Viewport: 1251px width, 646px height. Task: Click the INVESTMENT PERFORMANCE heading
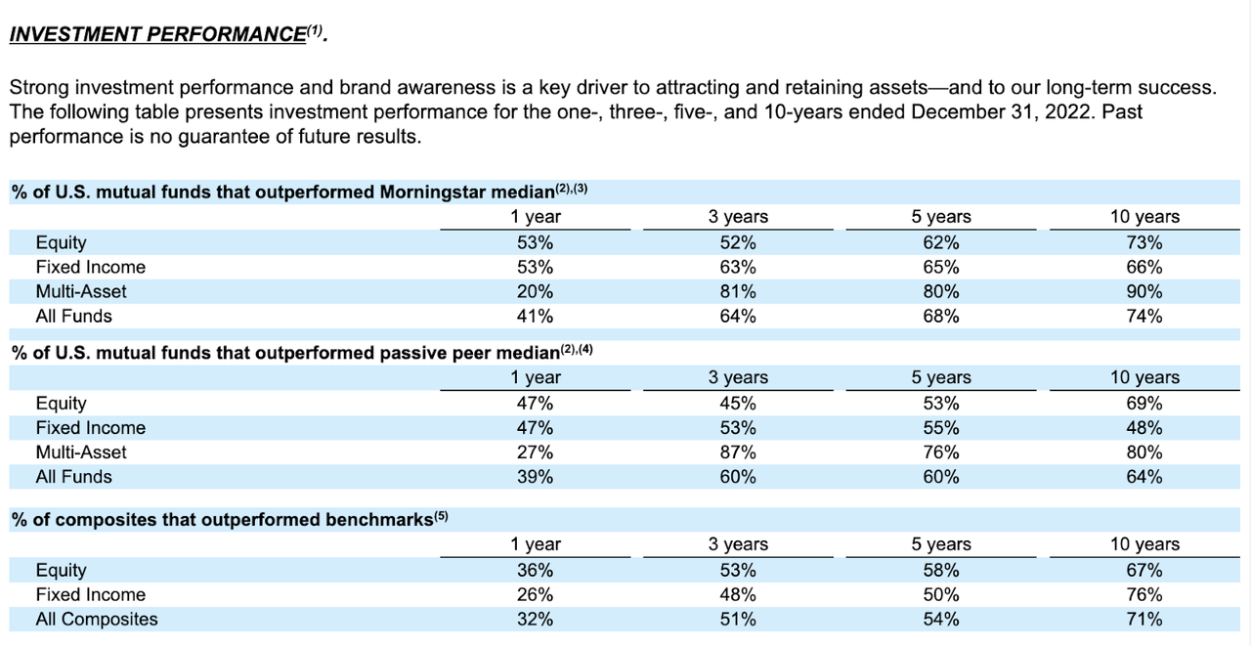(x=156, y=34)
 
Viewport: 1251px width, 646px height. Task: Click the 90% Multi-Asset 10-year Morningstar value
(x=1143, y=291)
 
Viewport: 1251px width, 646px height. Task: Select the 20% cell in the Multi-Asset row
(x=537, y=291)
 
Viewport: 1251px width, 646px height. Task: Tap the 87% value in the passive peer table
(x=738, y=452)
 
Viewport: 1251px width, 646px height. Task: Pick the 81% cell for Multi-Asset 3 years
(x=738, y=291)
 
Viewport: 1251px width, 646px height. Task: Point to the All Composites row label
(x=96, y=619)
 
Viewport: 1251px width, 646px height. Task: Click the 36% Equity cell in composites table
(x=537, y=570)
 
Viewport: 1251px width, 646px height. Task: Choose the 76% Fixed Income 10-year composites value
(x=1143, y=594)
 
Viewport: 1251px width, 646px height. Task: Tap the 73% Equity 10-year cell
(x=1143, y=242)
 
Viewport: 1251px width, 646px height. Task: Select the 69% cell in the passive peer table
(x=1143, y=404)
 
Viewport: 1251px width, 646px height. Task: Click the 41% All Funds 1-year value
(x=537, y=316)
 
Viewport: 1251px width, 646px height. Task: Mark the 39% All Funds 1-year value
(x=537, y=477)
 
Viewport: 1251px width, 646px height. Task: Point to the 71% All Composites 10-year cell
(x=1143, y=619)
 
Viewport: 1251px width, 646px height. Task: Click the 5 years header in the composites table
(x=940, y=544)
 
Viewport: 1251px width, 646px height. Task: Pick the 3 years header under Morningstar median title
(x=738, y=217)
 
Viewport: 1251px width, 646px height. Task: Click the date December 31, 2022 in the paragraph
(x=999, y=111)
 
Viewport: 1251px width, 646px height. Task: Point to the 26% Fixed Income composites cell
(x=537, y=594)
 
